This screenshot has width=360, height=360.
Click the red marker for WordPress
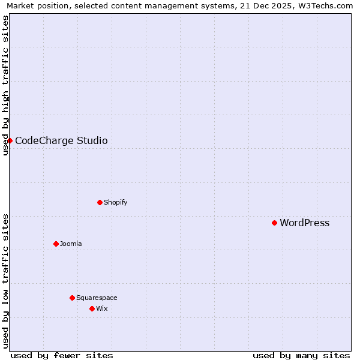[x=274, y=223]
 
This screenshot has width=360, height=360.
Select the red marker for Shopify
[x=100, y=202]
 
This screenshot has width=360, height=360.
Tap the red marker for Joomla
[x=56, y=244]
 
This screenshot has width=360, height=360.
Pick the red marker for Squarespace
[x=72, y=298]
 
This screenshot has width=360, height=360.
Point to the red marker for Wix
[x=92, y=308]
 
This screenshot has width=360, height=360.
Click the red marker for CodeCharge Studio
[x=10, y=140]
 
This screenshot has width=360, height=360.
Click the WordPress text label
[x=304, y=223]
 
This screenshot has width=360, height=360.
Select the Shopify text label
[x=115, y=202]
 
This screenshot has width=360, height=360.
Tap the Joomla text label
[x=71, y=244]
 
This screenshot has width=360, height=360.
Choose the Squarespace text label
[x=97, y=298]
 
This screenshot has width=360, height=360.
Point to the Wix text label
[x=101, y=308]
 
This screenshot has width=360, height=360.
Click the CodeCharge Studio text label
[x=61, y=141]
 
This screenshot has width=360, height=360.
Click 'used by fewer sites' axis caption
[x=62, y=355]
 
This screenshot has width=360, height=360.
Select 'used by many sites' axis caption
[x=301, y=355]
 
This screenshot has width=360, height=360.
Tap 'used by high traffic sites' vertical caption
[x=5, y=85]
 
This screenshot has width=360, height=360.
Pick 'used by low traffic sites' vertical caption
[x=5, y=281]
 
